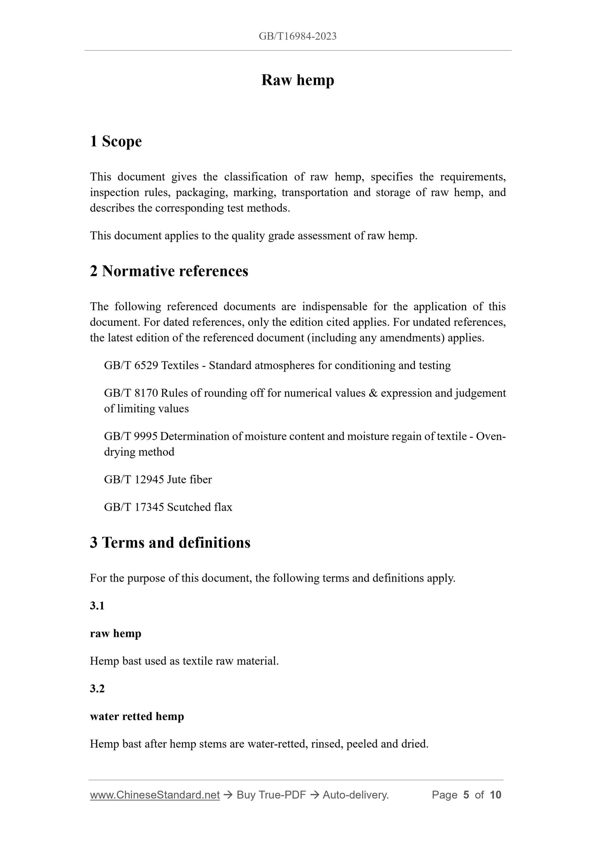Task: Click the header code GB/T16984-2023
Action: coord(297,36)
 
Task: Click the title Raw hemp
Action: coord(297,80)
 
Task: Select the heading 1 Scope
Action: coord(116,141)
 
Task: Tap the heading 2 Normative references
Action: coord(169,271)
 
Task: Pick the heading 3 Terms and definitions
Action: coord(170,542)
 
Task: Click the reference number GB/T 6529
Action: coord(131,365)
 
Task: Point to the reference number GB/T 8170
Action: coord(131,393)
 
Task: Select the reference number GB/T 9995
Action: coord(131,436)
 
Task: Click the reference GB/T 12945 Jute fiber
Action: coord(158,479)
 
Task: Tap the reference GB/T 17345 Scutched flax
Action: coord(168,507)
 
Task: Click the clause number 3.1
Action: coord(97,605)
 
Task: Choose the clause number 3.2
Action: coord(97,688)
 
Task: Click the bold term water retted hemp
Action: coord(137,716)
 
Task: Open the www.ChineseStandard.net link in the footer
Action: coord(155,795)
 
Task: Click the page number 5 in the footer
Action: coord(466,795)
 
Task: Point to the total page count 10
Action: coord(495,795)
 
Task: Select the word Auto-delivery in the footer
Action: coord(356,795)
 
